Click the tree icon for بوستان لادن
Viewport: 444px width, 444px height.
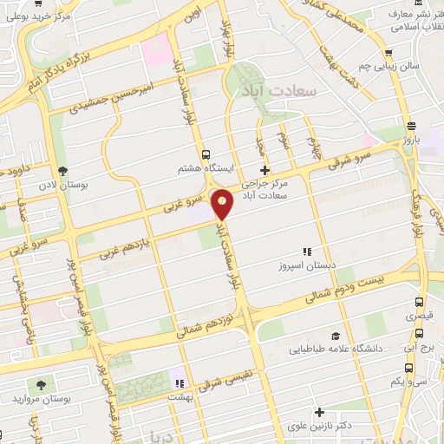coord(62,170)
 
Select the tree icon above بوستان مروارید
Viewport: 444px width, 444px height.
coord(40,382)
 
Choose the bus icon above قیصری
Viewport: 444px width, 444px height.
coord(419,304)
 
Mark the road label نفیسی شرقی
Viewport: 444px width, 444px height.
coord(218,383)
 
